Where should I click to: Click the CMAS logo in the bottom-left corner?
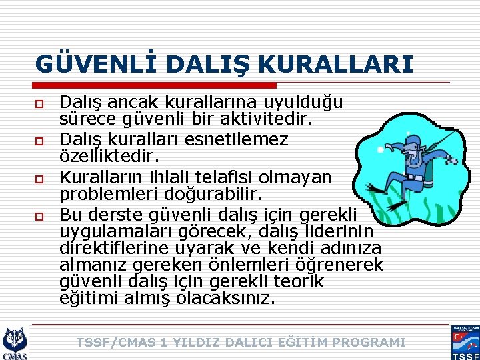pos(15,343)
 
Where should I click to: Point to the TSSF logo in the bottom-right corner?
pos(465,343)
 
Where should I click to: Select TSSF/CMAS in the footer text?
pos(117,343)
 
